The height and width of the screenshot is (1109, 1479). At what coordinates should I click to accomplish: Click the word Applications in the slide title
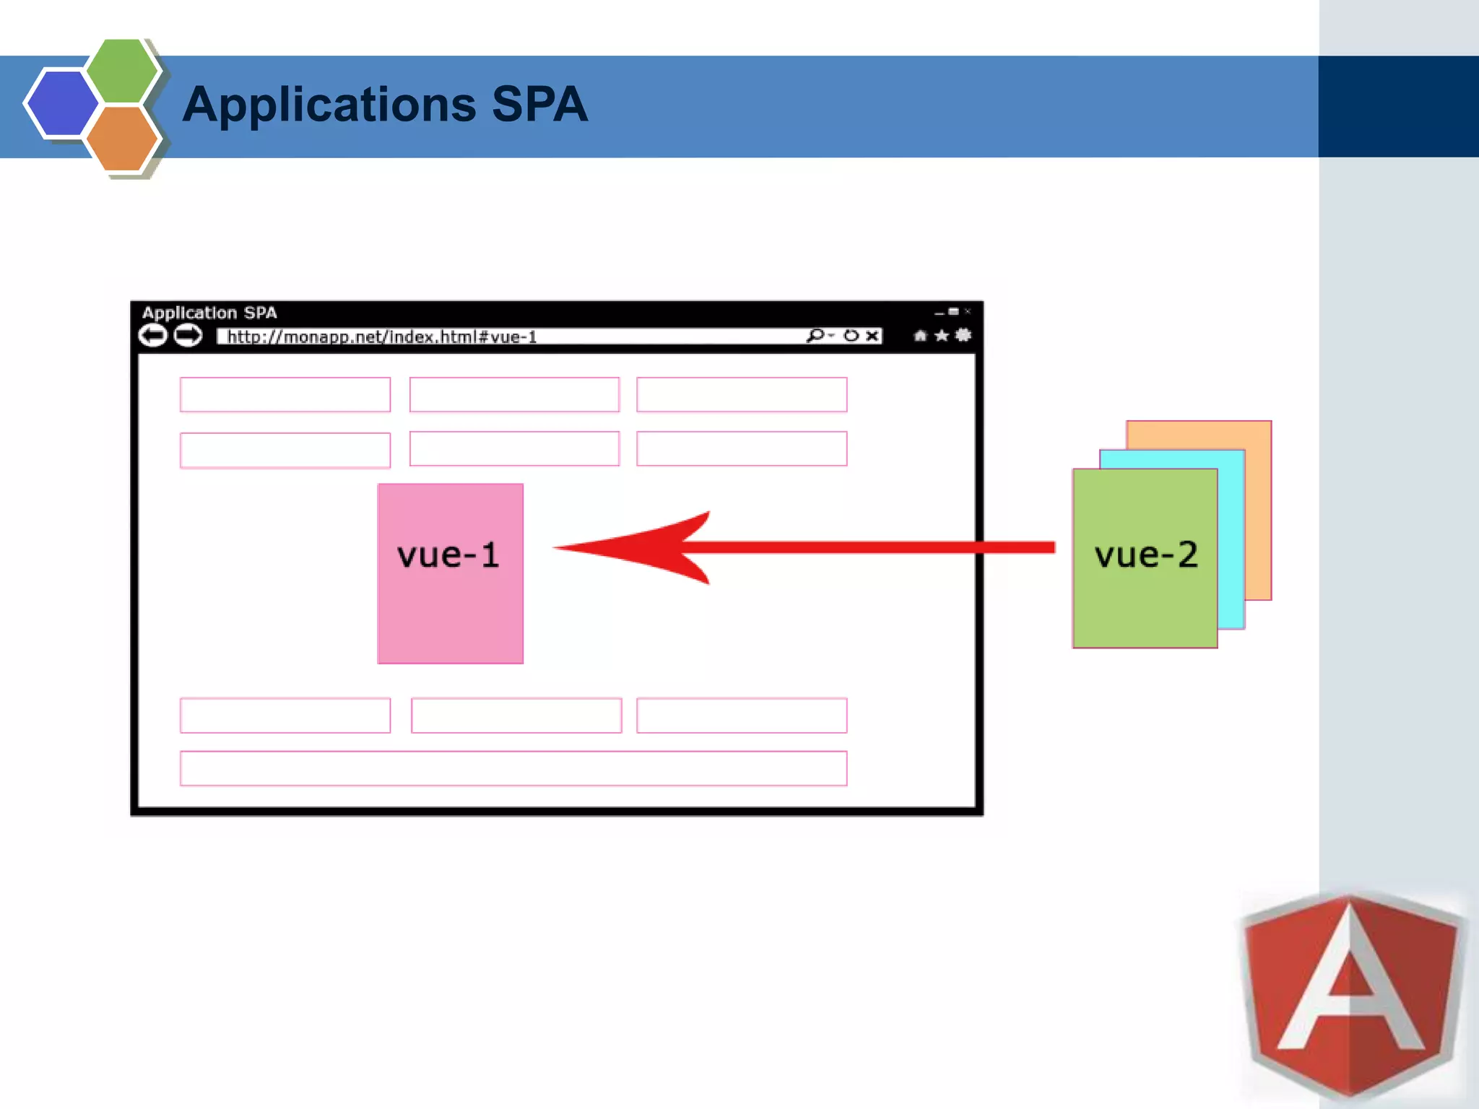[x=329, y=105]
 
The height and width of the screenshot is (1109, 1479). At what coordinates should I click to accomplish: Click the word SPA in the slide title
[x=539, y=105]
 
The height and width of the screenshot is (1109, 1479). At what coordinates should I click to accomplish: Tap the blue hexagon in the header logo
[x=61, y=103]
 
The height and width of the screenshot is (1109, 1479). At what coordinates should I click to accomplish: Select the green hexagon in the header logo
[x=121, y=70]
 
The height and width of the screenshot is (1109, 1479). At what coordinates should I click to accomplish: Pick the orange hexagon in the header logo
[x=121, y=138]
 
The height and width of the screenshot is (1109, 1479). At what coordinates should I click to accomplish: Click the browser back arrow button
[x=153, y=336]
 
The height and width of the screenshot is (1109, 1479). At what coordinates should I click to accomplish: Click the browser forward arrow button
[x=188, y=336]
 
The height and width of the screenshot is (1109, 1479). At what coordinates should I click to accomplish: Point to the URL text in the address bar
[x=382, y=337]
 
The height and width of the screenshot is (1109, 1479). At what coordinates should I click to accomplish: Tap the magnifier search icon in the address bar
[x=815, y=336]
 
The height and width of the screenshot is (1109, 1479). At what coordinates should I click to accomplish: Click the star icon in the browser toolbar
[x=942, y=336]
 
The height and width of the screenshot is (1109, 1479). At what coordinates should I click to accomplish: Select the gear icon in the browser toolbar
[x=963, y=335]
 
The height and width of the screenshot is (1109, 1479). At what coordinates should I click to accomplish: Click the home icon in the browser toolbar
[x=920, y=336]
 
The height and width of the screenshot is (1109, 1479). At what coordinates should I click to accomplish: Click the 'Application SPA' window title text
[x=209, y=313]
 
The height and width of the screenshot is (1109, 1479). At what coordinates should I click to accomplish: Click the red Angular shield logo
[x=1350, y=996]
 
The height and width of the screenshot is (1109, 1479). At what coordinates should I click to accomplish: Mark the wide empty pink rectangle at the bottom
[x=513, y=768]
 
